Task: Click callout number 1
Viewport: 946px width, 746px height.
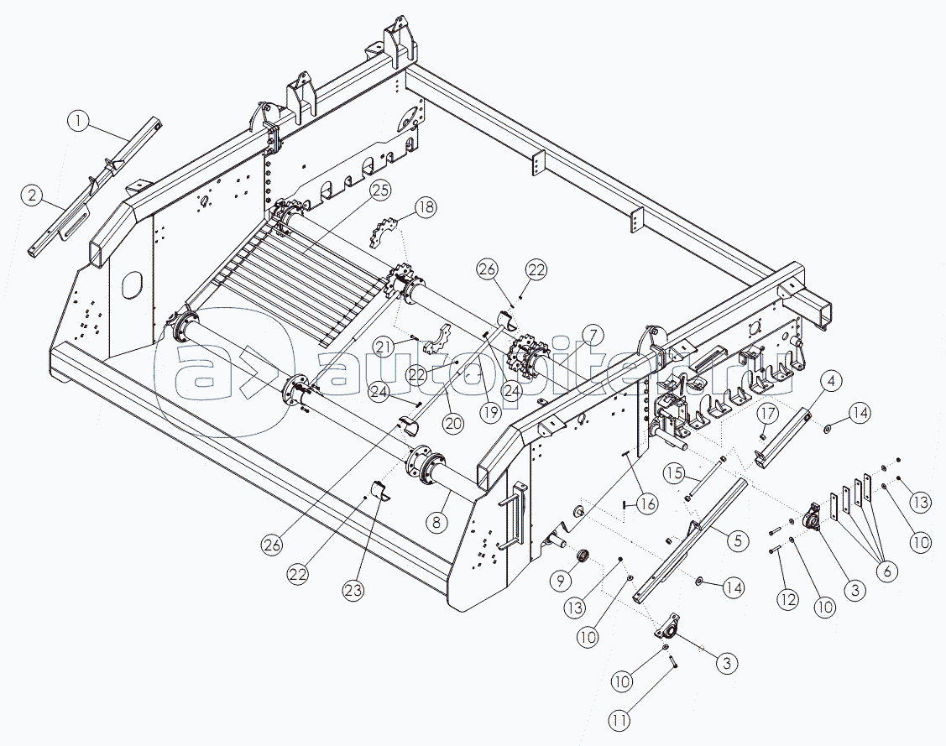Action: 78,123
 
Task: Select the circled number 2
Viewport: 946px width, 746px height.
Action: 33,197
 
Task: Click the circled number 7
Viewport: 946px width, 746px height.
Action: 592,335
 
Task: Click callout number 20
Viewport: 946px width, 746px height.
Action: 452,425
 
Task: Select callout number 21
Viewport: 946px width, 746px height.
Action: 384,347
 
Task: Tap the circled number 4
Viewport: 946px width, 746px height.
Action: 829,383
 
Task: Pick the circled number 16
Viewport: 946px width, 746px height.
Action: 646,503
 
